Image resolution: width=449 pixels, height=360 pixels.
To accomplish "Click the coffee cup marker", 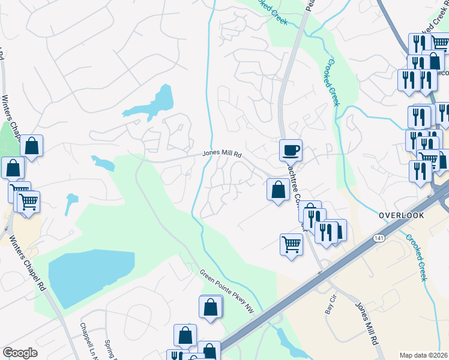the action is coord(291,149).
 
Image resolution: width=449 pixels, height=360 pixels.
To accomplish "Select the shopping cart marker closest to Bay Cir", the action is coord(291,244).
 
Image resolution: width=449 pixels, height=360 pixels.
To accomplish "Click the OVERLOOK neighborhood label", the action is coord(402,215).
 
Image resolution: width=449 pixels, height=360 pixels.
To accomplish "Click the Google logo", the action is coord(20,353).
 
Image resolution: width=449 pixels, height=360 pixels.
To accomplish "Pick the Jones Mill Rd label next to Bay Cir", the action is coord(366,323).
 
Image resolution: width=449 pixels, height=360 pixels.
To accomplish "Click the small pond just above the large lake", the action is coord(71,203).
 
